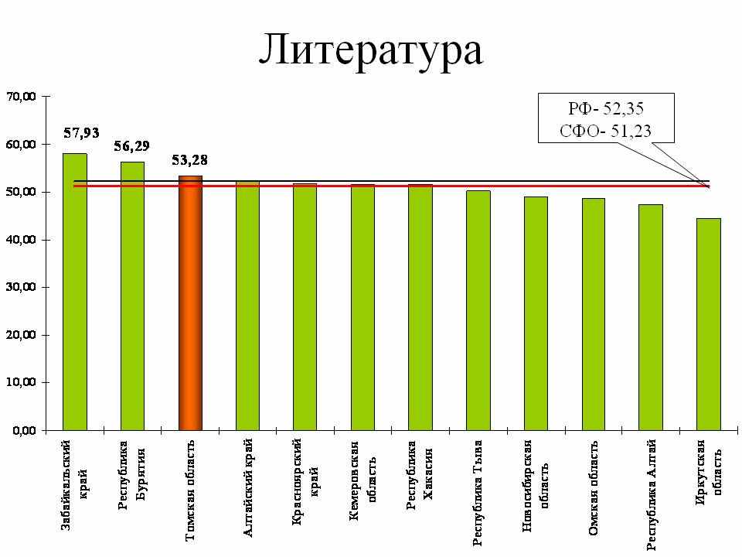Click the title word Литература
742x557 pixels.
click(x=370, y=50)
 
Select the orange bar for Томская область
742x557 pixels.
click(x=190, y=302)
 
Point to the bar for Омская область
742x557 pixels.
click(x=593, y=313)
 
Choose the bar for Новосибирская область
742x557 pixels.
click(x=536, y=313)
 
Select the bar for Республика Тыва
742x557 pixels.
click(x=478, y=309)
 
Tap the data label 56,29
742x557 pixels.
click(x=132, y=145)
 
